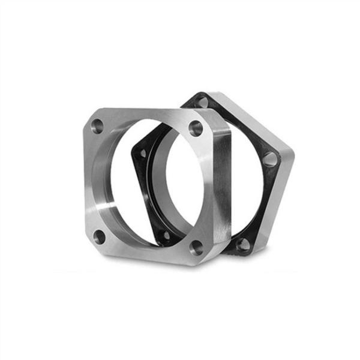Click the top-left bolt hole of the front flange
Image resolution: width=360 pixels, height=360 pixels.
point(96,126)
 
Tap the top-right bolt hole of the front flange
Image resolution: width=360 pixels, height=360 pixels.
point(194,127)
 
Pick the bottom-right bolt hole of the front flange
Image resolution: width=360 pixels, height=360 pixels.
point(195,246)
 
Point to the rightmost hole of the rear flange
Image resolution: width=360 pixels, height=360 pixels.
point(271,159)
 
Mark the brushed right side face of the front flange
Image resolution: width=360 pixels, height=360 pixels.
point(221,186)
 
